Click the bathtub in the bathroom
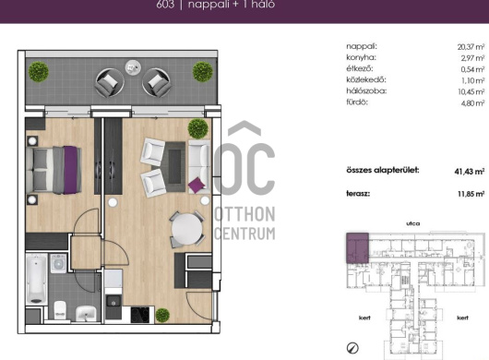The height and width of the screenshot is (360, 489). pos(37,279)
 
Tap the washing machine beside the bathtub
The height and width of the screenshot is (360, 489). pos(58,264)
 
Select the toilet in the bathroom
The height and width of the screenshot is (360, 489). pos(60,310)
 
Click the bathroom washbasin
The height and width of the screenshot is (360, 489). pos(86,313)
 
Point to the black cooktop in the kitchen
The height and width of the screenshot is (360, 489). pos(139,315)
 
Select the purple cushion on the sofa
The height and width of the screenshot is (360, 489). pos(197,185)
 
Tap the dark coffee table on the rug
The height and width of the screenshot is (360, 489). pos(174,166)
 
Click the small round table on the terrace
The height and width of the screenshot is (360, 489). pos(133,67)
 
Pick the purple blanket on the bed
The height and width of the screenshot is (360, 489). pos(70,170)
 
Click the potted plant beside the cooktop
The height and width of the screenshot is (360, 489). pos(162,315)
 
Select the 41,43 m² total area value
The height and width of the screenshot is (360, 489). pos(470,172)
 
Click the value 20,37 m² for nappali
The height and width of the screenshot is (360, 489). pos(471,47)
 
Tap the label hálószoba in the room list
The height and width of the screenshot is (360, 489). pos(366,90)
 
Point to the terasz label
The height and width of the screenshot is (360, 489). pos(358,194)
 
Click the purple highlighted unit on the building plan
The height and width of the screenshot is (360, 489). pos(357,247)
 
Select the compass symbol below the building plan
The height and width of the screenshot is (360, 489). pos(352,348)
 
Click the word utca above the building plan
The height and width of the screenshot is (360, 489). pos(413,223)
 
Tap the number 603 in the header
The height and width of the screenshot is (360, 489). pos(165,5)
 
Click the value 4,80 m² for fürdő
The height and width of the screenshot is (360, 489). pos(472,103)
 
